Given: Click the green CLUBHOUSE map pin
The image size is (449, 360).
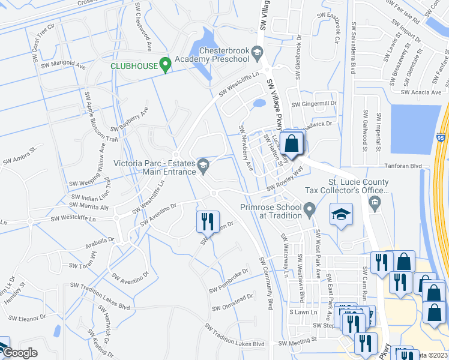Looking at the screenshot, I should [166, 64].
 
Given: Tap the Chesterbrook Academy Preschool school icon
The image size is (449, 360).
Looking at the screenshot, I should [257, 53].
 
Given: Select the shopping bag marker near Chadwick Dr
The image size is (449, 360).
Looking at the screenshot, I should [292, 143].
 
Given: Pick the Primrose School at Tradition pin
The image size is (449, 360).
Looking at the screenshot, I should [310, 210].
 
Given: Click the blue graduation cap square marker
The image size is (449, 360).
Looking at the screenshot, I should [340, 215].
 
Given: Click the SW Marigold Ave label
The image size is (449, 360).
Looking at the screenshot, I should [63, 65].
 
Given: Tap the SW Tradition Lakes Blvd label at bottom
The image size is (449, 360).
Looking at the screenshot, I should [234, 335].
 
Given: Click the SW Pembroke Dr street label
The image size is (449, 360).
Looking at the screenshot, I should [229, 281].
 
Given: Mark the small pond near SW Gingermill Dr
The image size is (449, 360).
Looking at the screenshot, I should [259, 103].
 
